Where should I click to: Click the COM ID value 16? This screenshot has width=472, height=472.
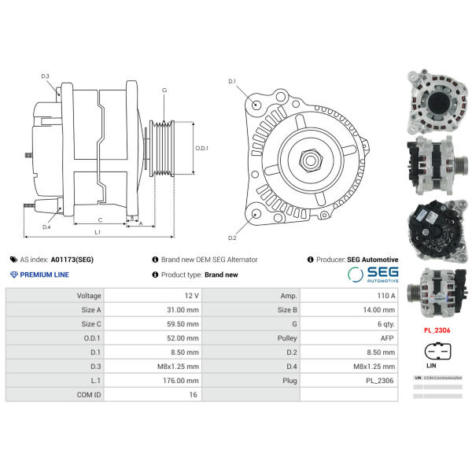pyautogui.click(x=193, y=394)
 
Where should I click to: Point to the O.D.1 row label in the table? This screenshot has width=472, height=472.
pyautogui.click(x=90, y=337)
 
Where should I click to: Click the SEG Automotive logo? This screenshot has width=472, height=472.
pyautogui.click(x=374, y=274)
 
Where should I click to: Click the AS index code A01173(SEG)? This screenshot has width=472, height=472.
pyautogui.click(x=72, y=259)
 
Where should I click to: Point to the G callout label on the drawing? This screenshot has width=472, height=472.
pyautogui.click(x=164, y=90)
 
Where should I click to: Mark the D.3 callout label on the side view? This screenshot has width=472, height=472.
pyautogui.click(x=45, y=76)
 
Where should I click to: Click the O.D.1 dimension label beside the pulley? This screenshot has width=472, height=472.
pyautogui.click(x=201, y=147)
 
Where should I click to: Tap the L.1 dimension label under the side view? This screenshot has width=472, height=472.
pyautogui.click(x=97, y=232)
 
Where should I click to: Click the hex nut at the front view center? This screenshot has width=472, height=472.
pyautogui.click(x=310, y=160)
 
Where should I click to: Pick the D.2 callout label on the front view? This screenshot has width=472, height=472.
pyautogui.click(x=232, y=238)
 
